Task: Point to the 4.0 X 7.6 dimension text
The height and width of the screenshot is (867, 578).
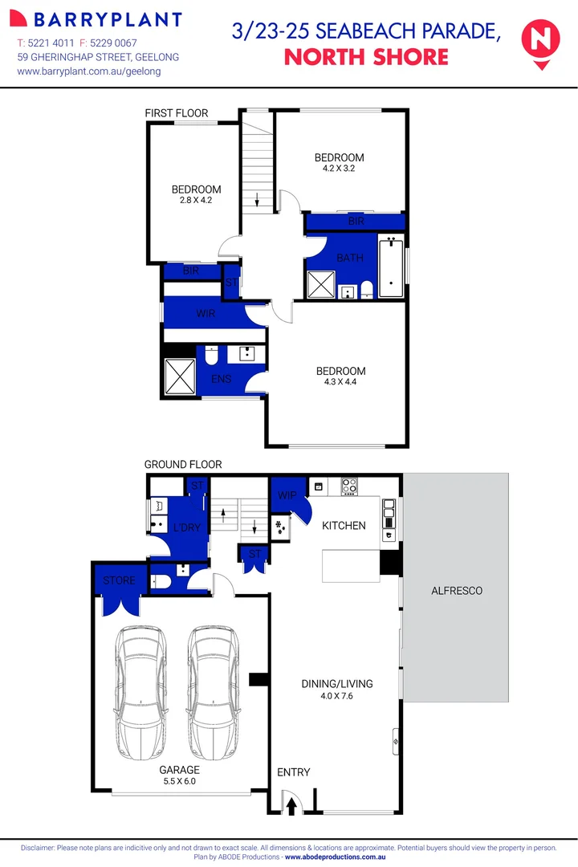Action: pos(337,696)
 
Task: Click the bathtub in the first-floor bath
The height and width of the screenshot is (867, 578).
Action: pos(391,267)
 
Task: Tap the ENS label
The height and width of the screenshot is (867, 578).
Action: pos(221,378)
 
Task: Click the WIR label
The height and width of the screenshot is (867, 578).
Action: pos(206,314)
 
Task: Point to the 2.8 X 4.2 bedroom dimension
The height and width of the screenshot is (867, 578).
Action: pos(196,200)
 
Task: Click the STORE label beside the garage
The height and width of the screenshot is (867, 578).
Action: pos(119,580)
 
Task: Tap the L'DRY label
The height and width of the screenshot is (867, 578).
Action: pos(186,527)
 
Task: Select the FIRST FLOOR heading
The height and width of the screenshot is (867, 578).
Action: pos(177,114)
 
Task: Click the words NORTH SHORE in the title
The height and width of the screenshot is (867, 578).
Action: pos(366,57)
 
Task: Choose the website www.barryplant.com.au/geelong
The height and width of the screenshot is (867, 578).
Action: pos(89,71)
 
